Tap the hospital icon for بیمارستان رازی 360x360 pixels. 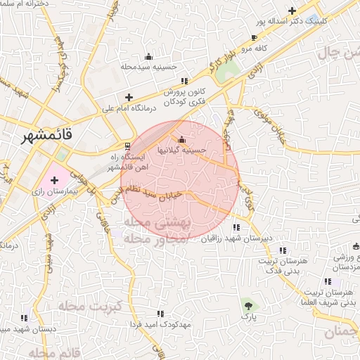54,181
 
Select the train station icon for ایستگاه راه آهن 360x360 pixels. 127,146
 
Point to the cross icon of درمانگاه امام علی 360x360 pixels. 128,97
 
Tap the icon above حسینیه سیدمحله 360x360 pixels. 148,57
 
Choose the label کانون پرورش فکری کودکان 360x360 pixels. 184,96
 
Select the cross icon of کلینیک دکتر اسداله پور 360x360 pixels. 292,10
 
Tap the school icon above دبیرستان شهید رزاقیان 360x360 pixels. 236,227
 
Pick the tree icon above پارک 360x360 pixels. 247,304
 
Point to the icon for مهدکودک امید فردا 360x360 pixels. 160,314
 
